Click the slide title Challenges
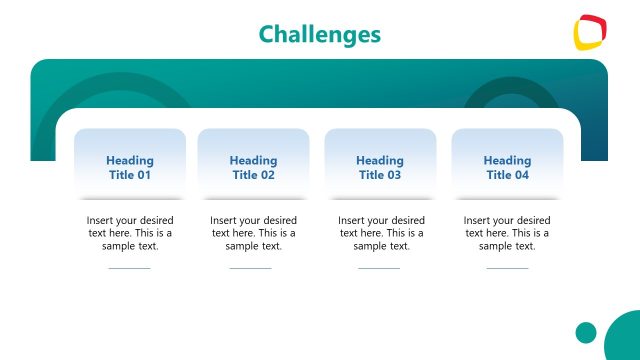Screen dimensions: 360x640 tap(320, 34)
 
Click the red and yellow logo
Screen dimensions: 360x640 tap(590, 32)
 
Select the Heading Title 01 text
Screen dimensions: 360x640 tap(130, 167)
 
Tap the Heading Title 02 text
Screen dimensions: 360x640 tap(253, 167)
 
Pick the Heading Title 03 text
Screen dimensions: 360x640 tap(380, 167)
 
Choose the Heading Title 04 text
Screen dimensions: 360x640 tap(507, 167)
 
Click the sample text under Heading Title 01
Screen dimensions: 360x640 tap(130, 233)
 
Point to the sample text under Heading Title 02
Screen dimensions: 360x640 tap(253, 233)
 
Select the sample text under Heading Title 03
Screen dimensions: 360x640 tap(380, 233)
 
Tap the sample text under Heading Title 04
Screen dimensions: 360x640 tap(507, 233)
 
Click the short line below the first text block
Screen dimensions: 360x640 tap(129, 268)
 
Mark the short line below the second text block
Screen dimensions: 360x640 tap(250, 268)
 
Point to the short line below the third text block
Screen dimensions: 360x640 tap(379, 268)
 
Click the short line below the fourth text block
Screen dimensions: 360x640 tap(507, 268)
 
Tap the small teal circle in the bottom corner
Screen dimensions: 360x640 tap(586, 332)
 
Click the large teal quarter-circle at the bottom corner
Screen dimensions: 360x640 tap(625, 340)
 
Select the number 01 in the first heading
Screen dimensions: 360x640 tap(143, 175)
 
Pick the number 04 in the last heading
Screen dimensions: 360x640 tap(521, 175)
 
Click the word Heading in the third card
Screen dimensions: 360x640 tap(380, 160)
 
